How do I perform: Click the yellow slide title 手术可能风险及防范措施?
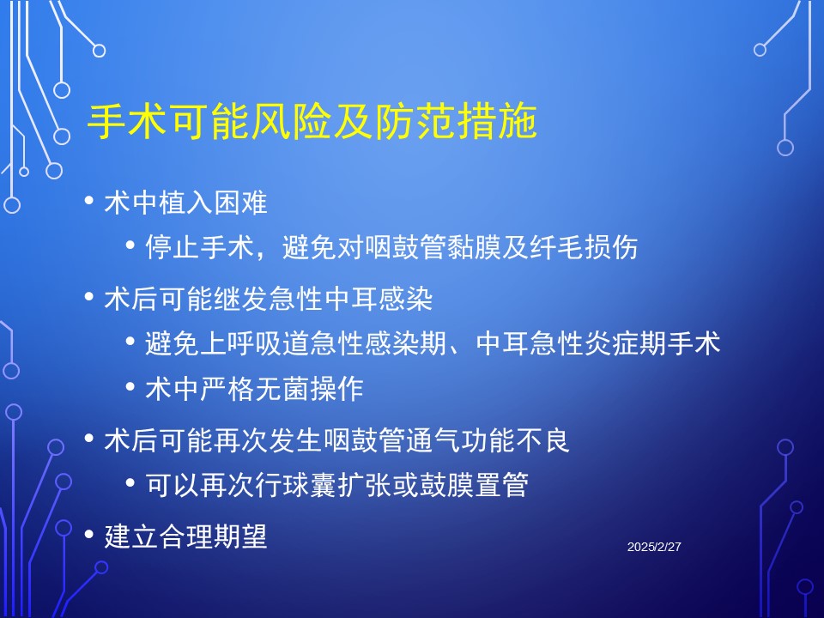(312, 121)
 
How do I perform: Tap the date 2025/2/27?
(654, 547)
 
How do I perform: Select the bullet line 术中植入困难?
(186, 203)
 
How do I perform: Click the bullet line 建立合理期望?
(186, 536)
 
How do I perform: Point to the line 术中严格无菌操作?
(254, 389)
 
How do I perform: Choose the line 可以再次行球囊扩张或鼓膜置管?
(336, 485)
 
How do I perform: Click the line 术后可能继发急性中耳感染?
(268, 299)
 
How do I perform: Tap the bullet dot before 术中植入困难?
(88, 200)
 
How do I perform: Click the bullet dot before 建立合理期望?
(88, 534)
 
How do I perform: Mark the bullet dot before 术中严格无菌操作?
(130, 387)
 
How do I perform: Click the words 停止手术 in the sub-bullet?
(200, 247)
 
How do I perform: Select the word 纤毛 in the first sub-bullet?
(556, 247)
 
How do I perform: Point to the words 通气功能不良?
(488, 440)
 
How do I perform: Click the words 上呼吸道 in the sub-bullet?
(254, 343)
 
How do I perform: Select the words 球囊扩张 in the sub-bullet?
(364, 485)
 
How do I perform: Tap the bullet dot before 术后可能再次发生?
(88, 438)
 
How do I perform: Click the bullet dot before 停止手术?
(130, 245)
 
